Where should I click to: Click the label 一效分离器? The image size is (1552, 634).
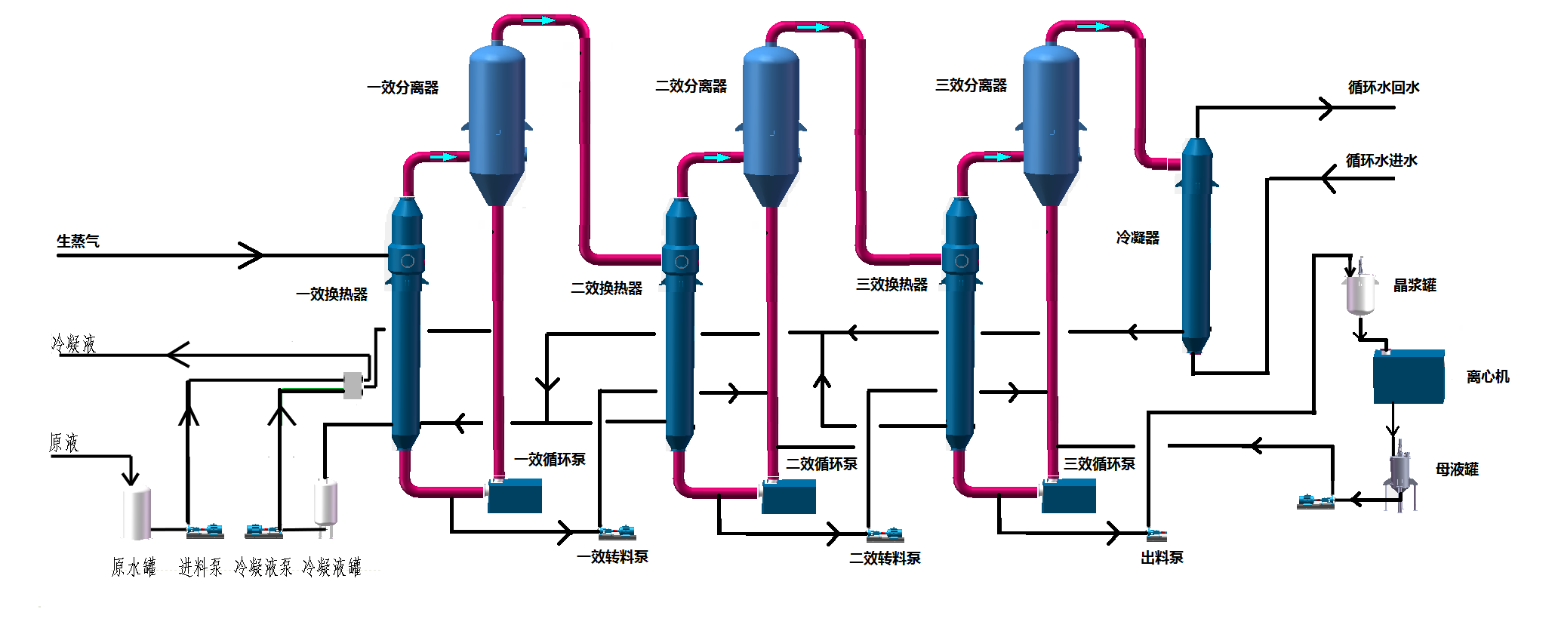pyautogui.click(x=402, y=88)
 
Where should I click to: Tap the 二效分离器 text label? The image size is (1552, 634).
pyautogui.click(x=691, y=86)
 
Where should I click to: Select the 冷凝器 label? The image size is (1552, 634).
pyautogui.click(x=1137, y=238)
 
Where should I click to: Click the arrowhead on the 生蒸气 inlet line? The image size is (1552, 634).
pyautogui.click(x=252, y=255)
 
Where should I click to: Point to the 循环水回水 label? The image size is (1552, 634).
pyautogui.click(x=1383, y=88)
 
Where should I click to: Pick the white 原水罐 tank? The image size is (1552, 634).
pyautogui.click(x=137, y=513)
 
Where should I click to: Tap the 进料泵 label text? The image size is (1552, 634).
pyautogui.click(x=200, y=568)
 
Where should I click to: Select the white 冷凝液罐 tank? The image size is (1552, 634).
pyautogui.click(x=325, y=502)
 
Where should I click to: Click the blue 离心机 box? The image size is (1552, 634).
pyautogui.click(x=1408, y=377)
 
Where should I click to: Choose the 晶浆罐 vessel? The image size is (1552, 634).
pyautogui.click(x=1360, y=293)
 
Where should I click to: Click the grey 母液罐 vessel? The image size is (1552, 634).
pyautogui.click(x=1400, y=472)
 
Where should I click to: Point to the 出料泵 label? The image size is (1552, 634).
pyautogui.click(x=1162, y=558)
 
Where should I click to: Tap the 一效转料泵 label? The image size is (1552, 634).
pyautogui.click(x=612, y=557)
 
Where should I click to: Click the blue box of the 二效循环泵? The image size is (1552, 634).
pyautogui.click(x=789, y=497)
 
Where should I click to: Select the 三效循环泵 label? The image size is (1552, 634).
pyautogui.click(x=1099, y=464)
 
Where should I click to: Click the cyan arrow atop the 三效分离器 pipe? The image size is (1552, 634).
pyautogui.click(x=1093, y=26)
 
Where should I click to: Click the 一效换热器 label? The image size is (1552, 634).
pyautogui.click(x=331, y=294)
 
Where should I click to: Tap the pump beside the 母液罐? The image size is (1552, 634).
pyautogui.click(x=1315, y=501)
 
